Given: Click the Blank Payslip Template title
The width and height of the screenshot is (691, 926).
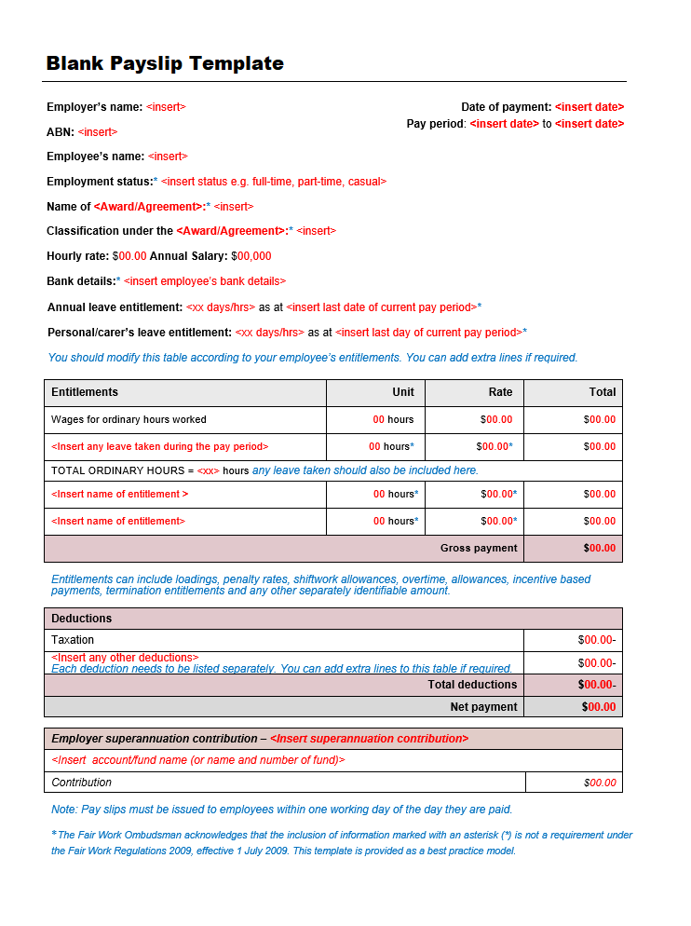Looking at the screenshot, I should point(165,63).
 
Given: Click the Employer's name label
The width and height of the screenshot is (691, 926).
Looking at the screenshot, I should point(95,107).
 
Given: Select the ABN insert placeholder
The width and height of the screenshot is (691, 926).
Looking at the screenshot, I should point(98,132).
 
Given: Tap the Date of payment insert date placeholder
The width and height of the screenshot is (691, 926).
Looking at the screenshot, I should point(589,107).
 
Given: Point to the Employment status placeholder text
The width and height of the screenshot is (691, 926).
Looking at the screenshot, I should point(274,182).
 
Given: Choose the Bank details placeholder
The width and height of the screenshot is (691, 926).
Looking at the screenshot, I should point(205,281).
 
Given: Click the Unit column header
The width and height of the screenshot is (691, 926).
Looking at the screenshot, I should point(403,392).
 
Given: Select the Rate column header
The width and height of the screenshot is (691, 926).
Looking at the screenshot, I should point(500,392).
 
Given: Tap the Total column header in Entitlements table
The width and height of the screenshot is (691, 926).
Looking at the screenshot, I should point(602,392).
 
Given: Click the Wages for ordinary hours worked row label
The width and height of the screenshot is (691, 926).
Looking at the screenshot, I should point(129,419).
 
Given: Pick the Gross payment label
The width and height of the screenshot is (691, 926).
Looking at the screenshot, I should point(479,548).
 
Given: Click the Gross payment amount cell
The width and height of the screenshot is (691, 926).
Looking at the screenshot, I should point(600,548).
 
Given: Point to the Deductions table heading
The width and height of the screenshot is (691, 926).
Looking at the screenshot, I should point(81,619).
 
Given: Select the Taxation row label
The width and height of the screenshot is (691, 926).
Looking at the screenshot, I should point(73,640).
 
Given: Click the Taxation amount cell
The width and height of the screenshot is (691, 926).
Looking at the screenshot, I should point(597,640).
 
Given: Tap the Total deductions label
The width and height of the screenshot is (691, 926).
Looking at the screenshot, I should point(472,685).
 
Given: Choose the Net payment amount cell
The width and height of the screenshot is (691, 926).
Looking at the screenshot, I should point(599,707).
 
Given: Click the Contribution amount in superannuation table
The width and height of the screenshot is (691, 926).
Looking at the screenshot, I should point(600,783).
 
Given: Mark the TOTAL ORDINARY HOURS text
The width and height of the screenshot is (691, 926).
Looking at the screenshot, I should point(121,470).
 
